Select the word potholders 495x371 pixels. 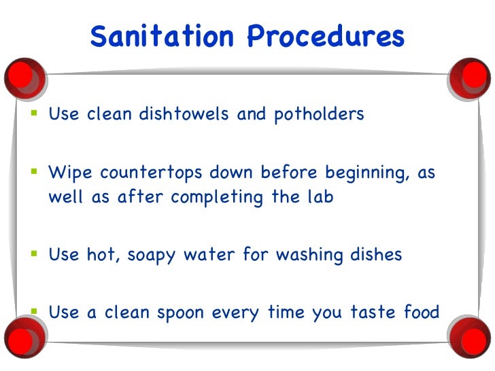pyautogui.click(x=320, y=114)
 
